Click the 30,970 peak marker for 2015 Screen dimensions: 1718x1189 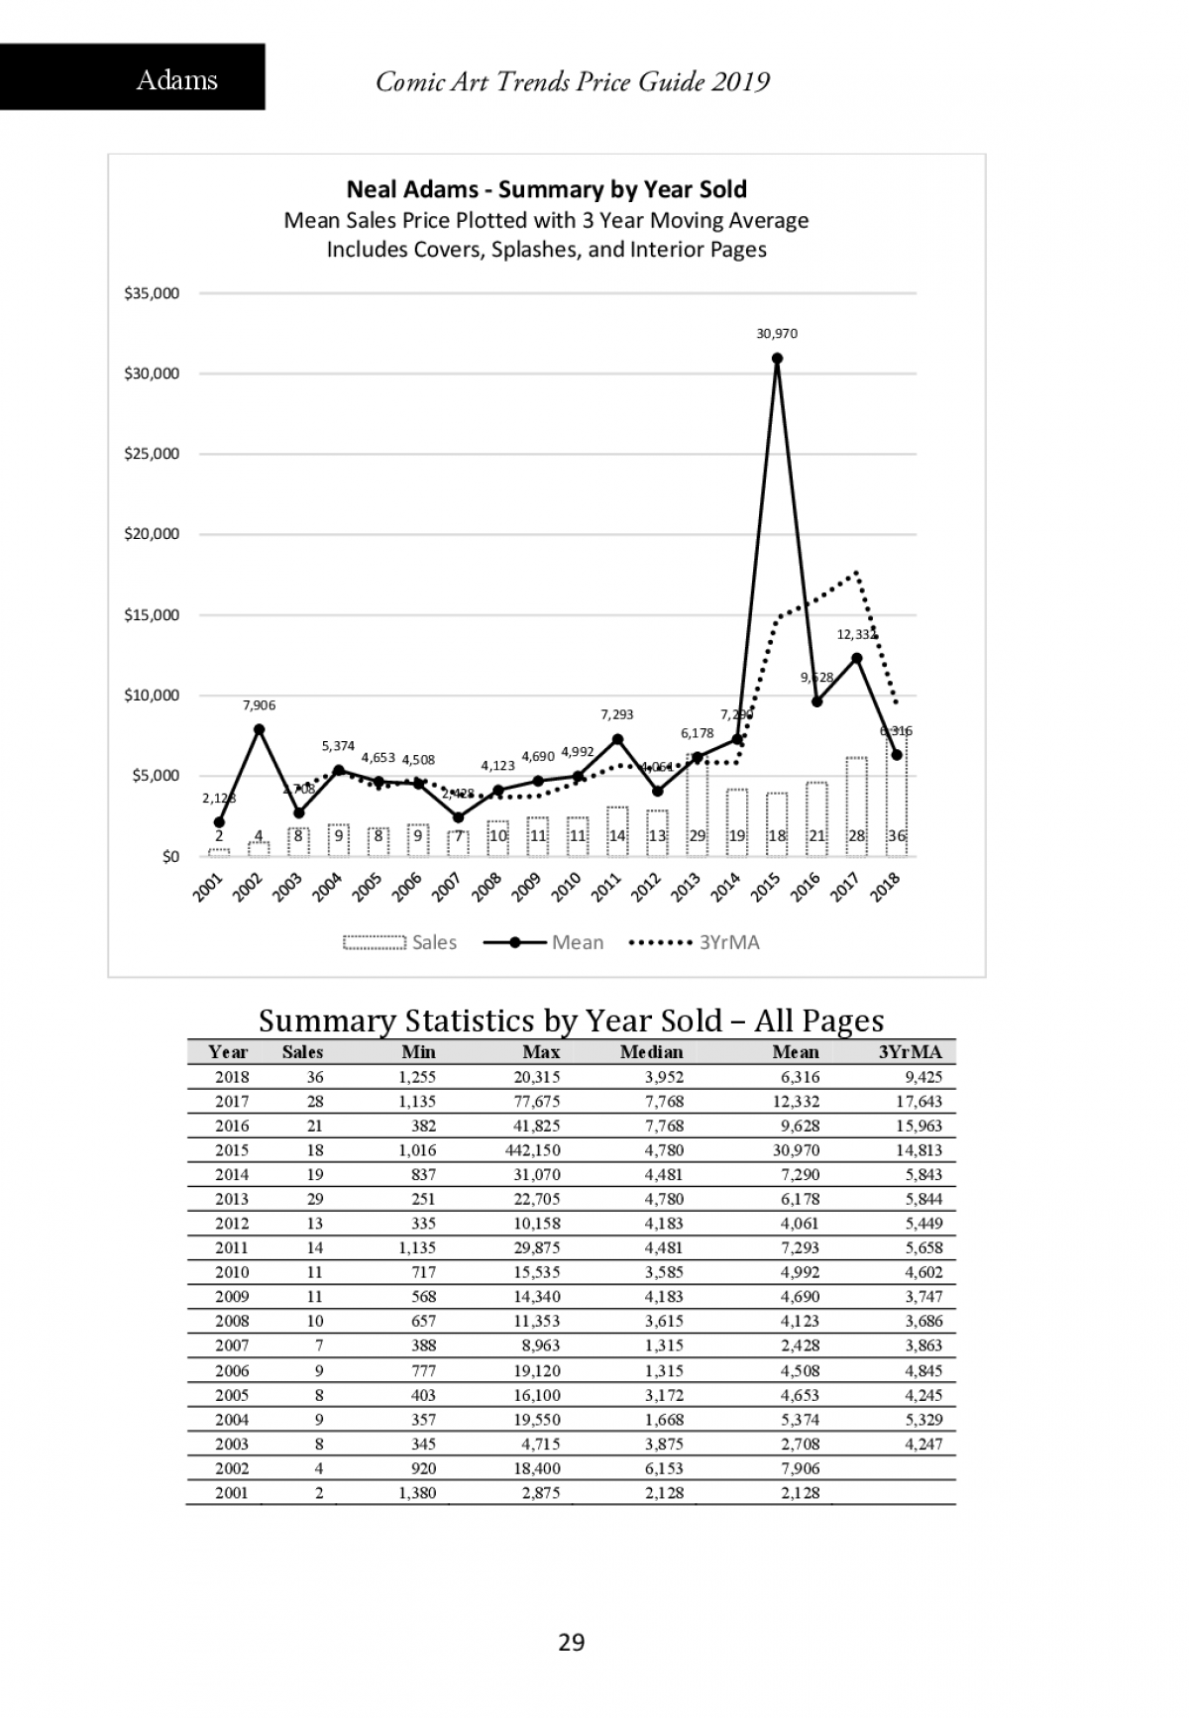(778, 359)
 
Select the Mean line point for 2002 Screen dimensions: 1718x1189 (260, 729)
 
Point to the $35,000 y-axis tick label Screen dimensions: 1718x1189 (152, 293)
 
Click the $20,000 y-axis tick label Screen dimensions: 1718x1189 (152, 534)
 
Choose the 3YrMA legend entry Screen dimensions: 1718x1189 (696, 942)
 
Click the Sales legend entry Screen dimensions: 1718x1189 (400, 942)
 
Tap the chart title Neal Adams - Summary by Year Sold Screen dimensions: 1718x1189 (546, 189)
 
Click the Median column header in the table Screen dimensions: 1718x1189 (651, 1052)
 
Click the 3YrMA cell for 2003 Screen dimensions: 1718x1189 (923, 1444)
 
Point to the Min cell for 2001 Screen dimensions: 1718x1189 (416, 1493)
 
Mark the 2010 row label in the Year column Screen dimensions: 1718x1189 (232, 1272)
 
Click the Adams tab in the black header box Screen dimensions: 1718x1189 (176, 79)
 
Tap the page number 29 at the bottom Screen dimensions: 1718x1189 (572, 1643)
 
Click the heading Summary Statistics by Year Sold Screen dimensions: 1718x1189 (571, 1020)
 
